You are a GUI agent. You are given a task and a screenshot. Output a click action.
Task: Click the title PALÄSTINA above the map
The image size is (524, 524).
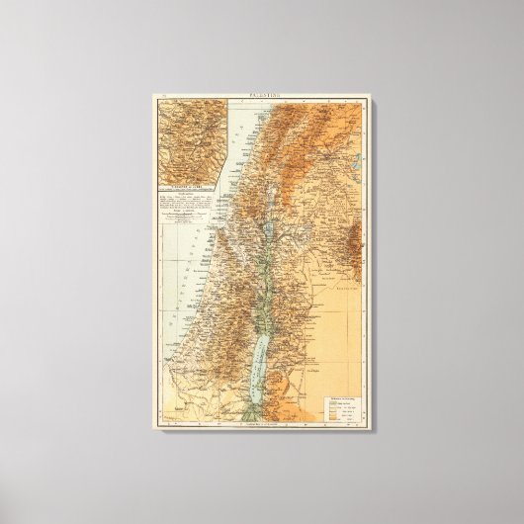(262, 98)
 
